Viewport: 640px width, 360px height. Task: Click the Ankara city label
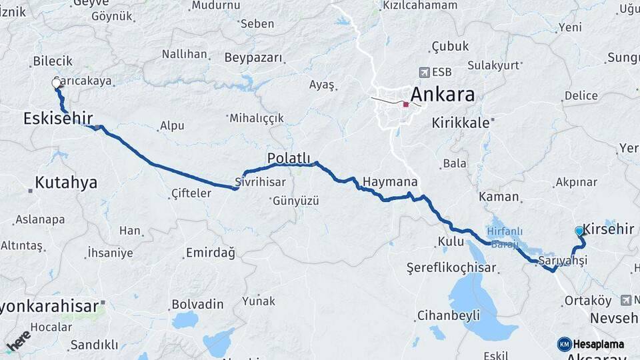coord(443,94)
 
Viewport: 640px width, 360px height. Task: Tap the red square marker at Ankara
coord(405,104)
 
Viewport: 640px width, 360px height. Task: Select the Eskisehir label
coord(57,119)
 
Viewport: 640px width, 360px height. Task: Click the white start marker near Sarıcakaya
coord(57,83)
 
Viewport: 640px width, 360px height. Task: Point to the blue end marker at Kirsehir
coord(579,231)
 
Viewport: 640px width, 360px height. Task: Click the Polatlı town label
coord(289,158)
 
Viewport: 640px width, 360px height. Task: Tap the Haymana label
coord(390,181)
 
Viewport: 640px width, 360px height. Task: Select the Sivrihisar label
coord(260,182)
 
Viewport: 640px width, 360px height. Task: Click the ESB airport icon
coord(424,72)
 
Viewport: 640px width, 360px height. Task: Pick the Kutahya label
coord(66,182)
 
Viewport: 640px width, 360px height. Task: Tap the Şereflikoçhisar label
coord(451,267)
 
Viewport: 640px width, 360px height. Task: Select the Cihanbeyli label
coord(448,315)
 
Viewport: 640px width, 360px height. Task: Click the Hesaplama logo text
coord(598,344)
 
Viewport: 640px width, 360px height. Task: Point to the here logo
coord(18,341)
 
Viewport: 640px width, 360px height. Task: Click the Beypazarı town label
coord(253,58)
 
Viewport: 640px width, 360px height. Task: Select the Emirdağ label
coord(210,253)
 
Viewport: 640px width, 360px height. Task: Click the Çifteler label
coord(191,193)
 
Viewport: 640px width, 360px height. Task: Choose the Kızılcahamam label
coord(420,5)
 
